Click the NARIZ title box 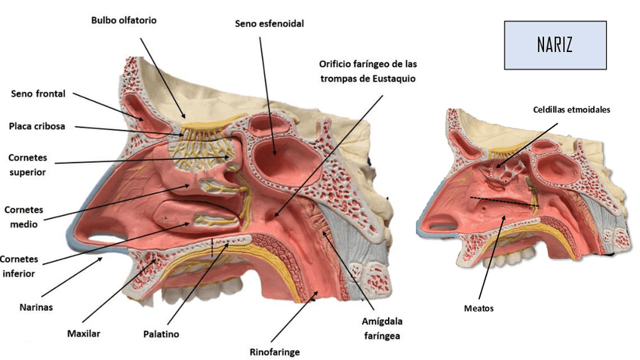(x=555, y=45)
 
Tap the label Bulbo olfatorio (x=124, y=20)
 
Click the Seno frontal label (x=38, y=94)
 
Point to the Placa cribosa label (x=37, y=126)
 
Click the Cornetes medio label (x=25, y=216)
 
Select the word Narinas (x=36, y=307)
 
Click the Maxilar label (x=84, y=333)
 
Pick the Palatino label (x=161, y=333)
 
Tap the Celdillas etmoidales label (x=571, y=109)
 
